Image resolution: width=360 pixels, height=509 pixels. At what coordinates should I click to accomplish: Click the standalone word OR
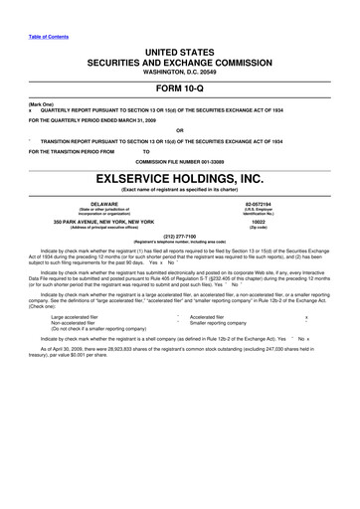tap(180, 130)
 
